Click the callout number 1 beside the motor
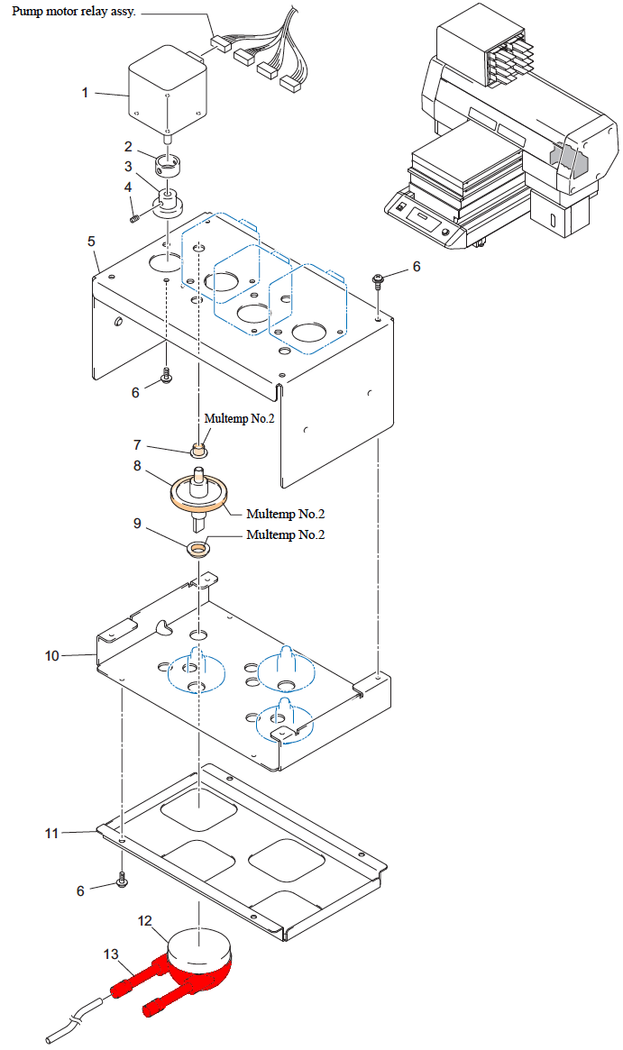(86, 93)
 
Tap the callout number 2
(129, 147)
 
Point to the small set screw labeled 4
(134, 215)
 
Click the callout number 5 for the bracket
(91, 241)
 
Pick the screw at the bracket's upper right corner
(380, 280)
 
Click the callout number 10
(52, 655)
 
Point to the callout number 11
(52, 834)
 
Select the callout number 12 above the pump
(145, 920)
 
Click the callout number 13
(111, 954)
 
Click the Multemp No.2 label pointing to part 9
(286, 534)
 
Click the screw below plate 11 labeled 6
(121, 881)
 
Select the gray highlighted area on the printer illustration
(566, 160)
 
